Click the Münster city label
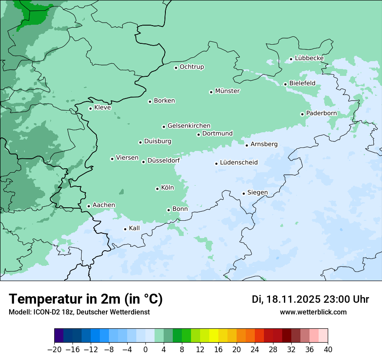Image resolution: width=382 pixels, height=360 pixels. (x=227, y=91)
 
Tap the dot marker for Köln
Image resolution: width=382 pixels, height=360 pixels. (x=157, y=189)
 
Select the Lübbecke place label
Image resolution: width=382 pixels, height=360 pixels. (x=309, y=58)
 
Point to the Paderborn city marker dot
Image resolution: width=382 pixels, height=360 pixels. (x=302, y=114)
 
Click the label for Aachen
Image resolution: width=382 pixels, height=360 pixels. (x=104, y=205)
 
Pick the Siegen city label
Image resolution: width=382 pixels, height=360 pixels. (x=257, y=193)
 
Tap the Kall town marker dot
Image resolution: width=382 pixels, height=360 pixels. (x=125, y=229)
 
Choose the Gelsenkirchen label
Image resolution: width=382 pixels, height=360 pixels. (x=189, y=126)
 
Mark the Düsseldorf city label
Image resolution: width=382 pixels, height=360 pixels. (x=164, y=160)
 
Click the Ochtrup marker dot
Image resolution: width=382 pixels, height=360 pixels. (x=176, y=68)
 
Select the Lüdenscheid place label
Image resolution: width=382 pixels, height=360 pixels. (x=239, y=163)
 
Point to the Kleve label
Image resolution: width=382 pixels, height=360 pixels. (x=102, y=108)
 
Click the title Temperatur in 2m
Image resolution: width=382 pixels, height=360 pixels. (x=86, y=299)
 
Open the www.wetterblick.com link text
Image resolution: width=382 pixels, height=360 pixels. (x=313, y=312)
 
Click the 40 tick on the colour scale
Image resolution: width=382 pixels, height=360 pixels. (x=328, y=350)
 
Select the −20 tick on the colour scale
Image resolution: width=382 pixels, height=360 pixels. (x=54, y=350)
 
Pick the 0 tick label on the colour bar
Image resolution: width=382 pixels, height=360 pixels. (x=145, y=350)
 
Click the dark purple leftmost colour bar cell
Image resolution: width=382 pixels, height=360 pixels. (x=59, y=336)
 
